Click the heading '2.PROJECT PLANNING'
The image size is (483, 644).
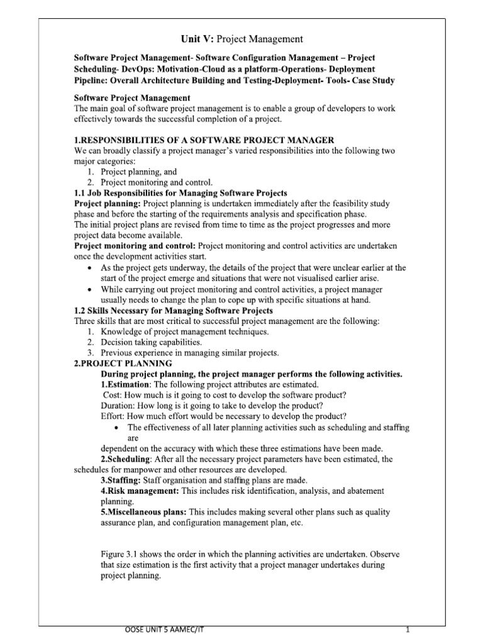tap(123, 364)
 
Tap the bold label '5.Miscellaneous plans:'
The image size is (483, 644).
tap(144, 512)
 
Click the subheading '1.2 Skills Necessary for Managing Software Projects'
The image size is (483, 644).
tap(174, 311)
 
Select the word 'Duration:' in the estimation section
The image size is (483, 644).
tap(119, 406)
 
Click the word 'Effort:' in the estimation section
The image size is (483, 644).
tap(114, 416)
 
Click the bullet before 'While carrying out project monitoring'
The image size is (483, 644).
tap(92, 289)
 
